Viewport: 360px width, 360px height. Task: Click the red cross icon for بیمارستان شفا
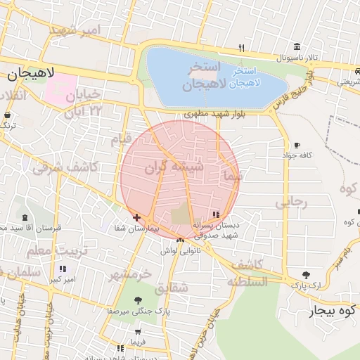click(136, 217)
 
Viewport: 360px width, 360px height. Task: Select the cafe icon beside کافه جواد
click(297, 145)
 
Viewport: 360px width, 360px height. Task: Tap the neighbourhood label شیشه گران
click(174, 167)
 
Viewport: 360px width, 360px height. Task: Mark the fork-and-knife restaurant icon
click(241, 48)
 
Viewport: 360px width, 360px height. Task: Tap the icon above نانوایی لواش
click(181, 240)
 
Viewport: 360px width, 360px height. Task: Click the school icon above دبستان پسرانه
click(216, 214)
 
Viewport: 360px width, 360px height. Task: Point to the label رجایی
click(291, 202)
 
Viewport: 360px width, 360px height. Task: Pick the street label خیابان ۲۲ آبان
click(84, 103)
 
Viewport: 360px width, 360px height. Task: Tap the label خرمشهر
click(129, 274)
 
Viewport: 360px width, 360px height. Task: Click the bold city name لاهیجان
click(27, 74)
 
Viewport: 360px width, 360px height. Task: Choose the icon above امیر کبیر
click(63, 269)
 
